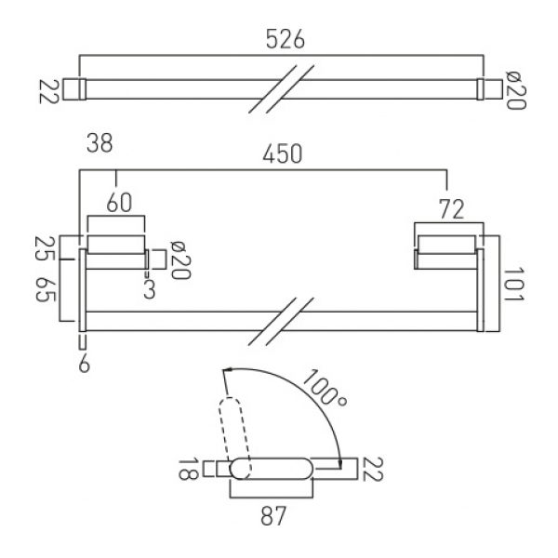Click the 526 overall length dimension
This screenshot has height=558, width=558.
(x=286, y=39)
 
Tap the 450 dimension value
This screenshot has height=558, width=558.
(x=283, y=153)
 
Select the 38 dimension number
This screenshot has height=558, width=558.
(x=100, y=142)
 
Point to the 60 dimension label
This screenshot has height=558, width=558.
(x=119, y=203)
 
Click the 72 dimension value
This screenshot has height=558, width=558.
(x=452, y=209)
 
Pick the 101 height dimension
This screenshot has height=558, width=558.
(x=514, y=285)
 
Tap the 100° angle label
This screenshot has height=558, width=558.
(x=324, y=389)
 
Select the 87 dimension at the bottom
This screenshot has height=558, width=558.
(x=273, y=516)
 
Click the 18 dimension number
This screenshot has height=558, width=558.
(x=188, y=470)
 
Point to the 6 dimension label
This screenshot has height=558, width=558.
(x=84, y=364)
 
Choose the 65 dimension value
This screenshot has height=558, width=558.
(x=46, y=289)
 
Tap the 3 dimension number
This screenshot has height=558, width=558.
(x=150, y=289)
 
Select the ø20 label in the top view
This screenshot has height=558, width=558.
(x=515, y=89)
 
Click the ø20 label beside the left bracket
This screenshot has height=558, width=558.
(x=180, y=260)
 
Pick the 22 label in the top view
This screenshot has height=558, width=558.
(x=48, y=92)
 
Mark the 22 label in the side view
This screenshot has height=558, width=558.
(x=372, y=470)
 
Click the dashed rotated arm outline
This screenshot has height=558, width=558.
(x=234, y=438)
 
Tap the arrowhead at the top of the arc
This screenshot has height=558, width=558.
(x=229, y=370)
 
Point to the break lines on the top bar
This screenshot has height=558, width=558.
(x=281, y=89)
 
